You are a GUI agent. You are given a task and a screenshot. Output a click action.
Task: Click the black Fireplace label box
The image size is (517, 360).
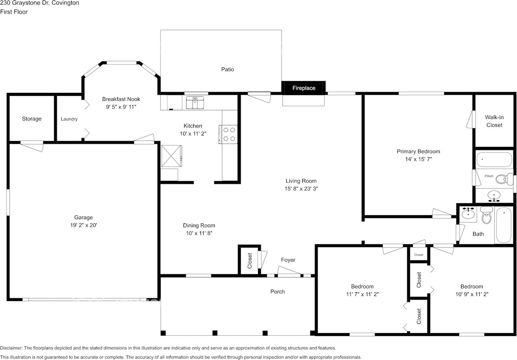click(303, 88)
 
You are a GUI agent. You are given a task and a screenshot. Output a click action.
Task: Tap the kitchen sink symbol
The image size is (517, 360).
click(195, 103)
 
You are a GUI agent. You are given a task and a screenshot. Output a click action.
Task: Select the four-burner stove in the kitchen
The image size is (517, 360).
click(228, 134)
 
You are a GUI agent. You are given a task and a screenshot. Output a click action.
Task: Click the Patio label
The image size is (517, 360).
click(227, 69)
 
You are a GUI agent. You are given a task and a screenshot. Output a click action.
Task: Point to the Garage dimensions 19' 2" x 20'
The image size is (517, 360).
click(84, 225)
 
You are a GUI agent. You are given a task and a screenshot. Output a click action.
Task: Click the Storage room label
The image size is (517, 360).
click(32, 119)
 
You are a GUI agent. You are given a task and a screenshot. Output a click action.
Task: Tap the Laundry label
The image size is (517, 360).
click(69, 119)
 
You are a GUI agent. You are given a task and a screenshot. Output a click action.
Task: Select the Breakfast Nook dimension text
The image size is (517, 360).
click(121, 107)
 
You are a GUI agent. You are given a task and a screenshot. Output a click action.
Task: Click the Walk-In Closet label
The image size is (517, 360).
click(494, 121)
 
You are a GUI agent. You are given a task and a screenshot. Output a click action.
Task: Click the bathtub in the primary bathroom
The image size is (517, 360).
click(494, 159)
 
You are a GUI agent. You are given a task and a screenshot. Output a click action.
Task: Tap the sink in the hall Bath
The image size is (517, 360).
click(468, 214)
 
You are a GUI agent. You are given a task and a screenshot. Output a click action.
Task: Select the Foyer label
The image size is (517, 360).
click(288, 260)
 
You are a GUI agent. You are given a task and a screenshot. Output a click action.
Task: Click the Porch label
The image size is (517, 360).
click(277, 292)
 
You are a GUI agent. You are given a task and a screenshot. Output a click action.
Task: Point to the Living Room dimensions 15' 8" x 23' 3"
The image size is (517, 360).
click(301, 188)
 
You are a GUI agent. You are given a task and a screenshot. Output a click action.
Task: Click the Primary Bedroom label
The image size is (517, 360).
click(418, 151)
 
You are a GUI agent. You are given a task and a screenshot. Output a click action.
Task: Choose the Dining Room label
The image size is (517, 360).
click(199, 226)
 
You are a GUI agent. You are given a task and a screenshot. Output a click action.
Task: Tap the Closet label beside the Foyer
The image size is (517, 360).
click(250, 261)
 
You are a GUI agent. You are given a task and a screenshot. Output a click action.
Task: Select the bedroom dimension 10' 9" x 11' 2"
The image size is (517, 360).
click(472, 294)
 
